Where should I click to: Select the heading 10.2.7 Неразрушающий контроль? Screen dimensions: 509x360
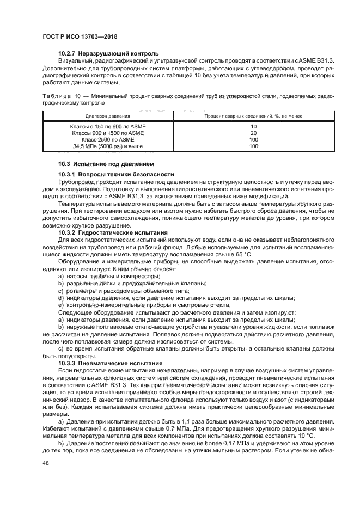coord(108,54)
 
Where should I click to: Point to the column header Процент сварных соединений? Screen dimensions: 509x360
coord(253,116)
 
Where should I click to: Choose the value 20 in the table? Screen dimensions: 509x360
coord(253,133)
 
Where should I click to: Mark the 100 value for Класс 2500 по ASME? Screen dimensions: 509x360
coord(253,139)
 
